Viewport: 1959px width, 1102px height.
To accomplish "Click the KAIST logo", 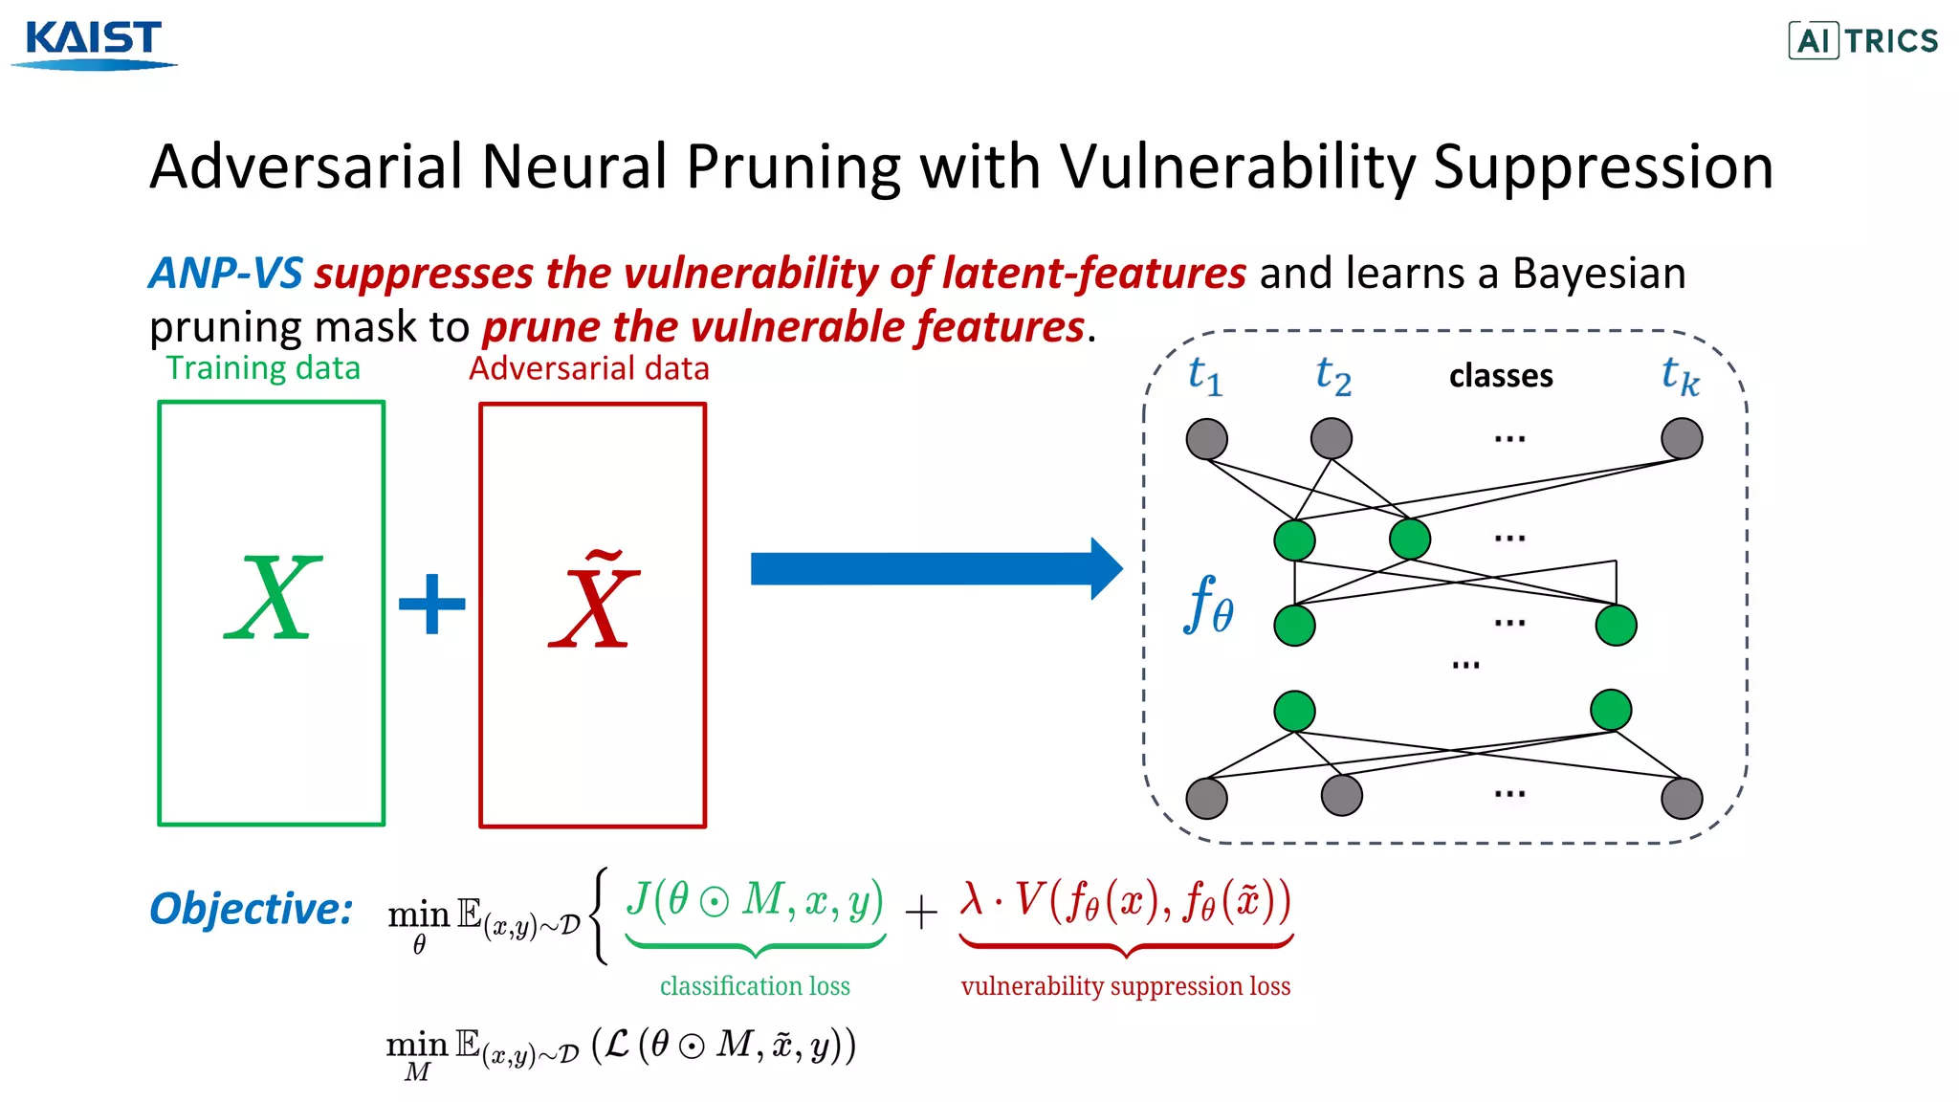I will pyautogui.click(x=94, y=43).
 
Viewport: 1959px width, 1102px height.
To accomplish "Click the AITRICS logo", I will pyautogui.click(x=1862, y=41).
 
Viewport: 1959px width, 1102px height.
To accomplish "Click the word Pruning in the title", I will pyautogui.click(x=793, y=167).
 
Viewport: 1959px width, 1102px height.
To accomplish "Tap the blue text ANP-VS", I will pyautogui.click(x=226, y=274).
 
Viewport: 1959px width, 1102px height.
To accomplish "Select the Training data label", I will pyautogui.click(x=263, y=368).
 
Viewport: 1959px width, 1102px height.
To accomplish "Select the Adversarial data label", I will pyautogui.click(x=588, y=368).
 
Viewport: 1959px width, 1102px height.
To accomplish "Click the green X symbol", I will pyautogui.click(x=273, y=601).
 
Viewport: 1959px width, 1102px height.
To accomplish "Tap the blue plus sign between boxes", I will pyautogui.click(x=431, y=604).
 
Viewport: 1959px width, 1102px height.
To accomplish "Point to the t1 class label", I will pyautogui.click(x=1204, y=376).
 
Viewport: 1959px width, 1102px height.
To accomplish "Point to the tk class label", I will pyautogui.click(x=1680, y=377).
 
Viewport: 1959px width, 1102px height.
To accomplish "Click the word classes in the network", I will pyautogui.click(x=1500, y=376).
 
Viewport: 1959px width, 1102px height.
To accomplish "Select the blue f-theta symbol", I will pyautogui.click(x=1208, y=606).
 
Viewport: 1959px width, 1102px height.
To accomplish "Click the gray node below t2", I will pyautogui.click(x=1331, y=439).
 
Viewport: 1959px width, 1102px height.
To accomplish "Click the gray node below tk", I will pyautogui.click(x=1681, y=439).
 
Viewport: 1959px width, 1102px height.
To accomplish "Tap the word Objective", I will pyautogui.click(x=251, y=909).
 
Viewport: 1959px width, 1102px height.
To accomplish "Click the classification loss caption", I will pyautogui.click(x=755, y=986).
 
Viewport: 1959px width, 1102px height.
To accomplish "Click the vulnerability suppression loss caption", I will pyautogui.click(x=1125, y=986).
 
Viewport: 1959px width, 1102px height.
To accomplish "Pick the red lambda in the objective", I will pyautogui.click(x=972, y=899).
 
